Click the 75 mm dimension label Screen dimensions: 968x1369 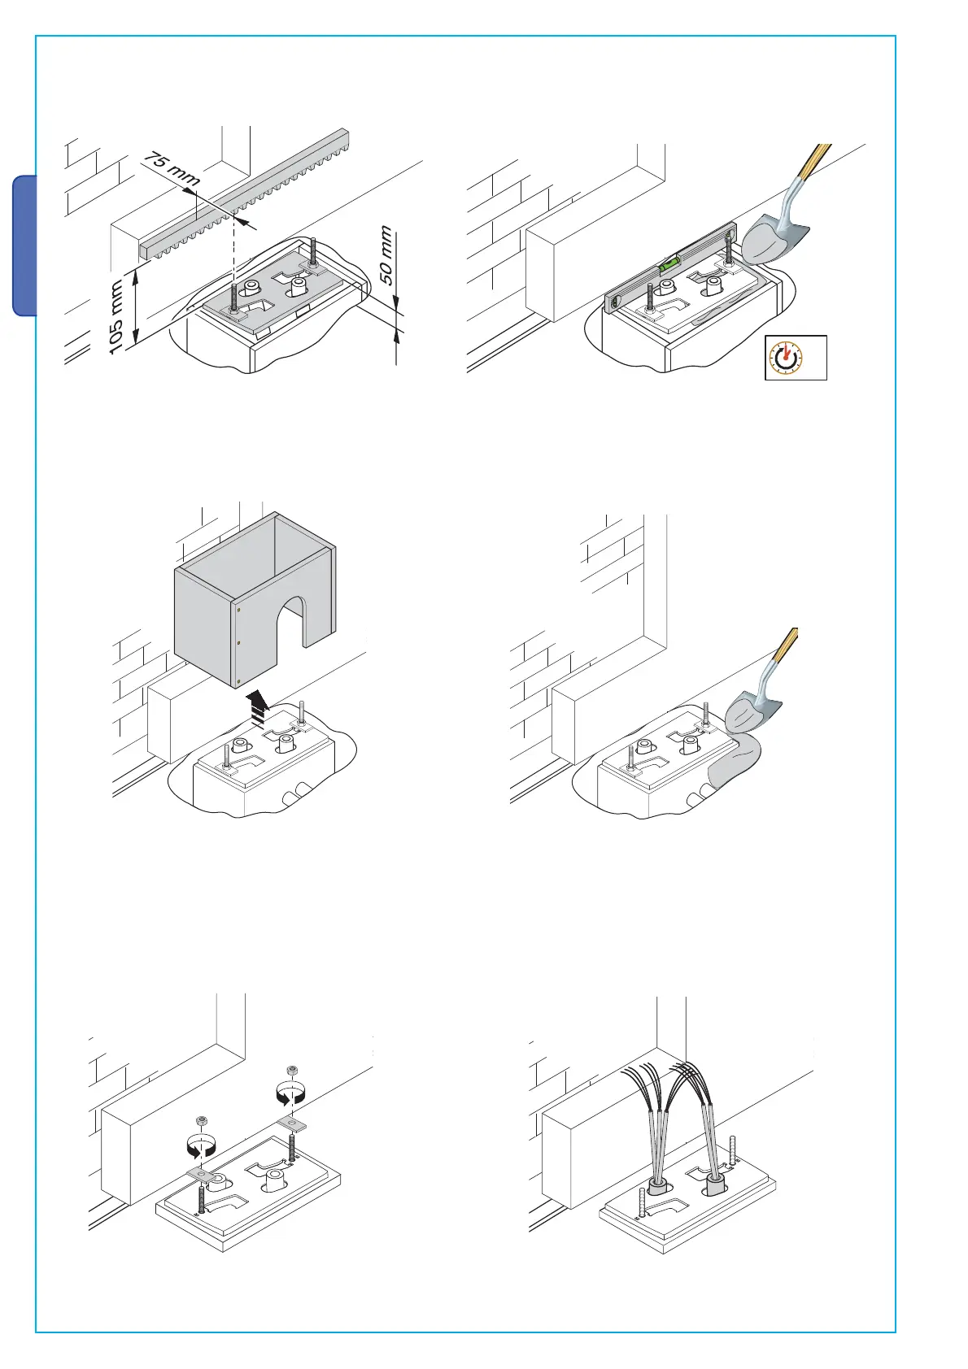pos(172,168)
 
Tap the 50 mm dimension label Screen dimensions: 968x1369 pos(386,254)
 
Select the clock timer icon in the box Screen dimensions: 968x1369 pos(786,358)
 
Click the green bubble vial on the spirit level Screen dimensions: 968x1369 pos(669,265)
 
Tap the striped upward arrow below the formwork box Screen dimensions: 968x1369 pos(257,708)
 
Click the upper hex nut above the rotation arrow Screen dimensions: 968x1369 pos(292,1070)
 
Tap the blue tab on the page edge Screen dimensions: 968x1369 pos(24,246)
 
